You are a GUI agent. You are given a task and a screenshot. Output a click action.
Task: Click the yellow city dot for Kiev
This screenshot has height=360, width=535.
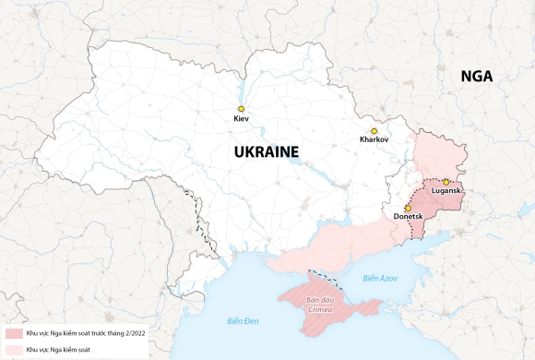coord(242,109)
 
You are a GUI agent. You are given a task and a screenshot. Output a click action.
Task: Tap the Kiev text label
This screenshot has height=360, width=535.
coord(242,120)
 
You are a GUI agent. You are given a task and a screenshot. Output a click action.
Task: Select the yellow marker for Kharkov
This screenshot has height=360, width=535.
coord(374,131)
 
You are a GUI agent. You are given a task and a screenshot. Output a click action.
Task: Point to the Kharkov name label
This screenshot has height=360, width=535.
coord(374,140)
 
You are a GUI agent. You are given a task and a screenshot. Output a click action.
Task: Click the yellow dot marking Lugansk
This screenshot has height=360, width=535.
coord(446,182)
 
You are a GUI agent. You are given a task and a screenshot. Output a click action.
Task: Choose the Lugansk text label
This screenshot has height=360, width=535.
coord(446,191)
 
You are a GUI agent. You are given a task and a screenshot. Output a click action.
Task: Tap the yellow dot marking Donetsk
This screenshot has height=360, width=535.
coord(408,208)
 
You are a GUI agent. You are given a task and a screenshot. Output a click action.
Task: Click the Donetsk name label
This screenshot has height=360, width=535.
coord(408,217)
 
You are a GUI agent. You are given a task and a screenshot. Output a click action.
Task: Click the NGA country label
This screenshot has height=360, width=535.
coord(477,78)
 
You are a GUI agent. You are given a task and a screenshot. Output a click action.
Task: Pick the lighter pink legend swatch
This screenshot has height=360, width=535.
coord(13,349)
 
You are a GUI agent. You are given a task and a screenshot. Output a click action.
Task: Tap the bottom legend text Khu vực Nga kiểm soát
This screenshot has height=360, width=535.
coord(64,349)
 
